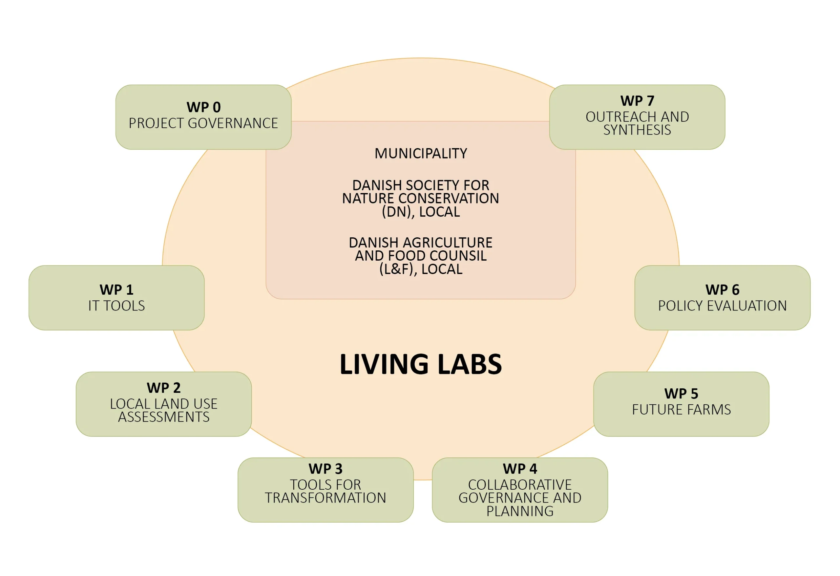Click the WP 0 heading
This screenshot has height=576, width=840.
coord(203,107)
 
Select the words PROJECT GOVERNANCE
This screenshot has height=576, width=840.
coord(203,123)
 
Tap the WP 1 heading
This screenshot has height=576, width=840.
coord(116,289)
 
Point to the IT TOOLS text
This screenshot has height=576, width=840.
coord(116,306)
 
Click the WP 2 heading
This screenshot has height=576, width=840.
coord(163,388)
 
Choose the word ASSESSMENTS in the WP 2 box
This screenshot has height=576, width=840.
coord(164,417)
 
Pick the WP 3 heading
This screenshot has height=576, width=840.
coord(325,469)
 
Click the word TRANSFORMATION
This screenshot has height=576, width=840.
coord(325,498)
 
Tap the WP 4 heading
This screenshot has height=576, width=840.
coord(520,469)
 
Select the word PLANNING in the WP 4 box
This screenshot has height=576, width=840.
coord(520,511)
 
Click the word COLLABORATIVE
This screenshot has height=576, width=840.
coord(520,484)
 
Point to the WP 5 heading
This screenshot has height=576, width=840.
coord(681,394)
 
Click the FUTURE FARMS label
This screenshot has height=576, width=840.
coord(681,410)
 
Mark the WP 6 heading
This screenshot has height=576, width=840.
coord(722,289)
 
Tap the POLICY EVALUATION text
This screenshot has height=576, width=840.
coord(722,306)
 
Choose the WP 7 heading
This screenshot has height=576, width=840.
coord(637,100)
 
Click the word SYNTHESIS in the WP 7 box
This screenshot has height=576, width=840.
coord(637,130)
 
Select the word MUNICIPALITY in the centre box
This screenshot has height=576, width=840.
coord(421,153)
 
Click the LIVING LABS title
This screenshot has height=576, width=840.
coord(421,364)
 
